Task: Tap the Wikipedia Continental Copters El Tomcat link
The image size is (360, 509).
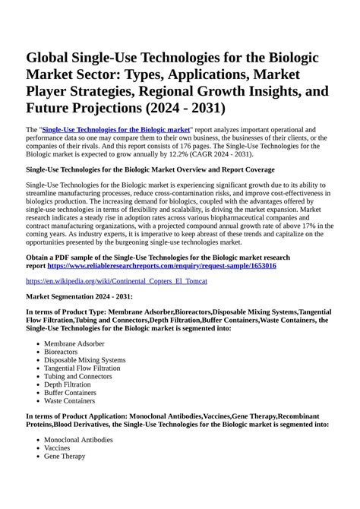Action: coord(116,281)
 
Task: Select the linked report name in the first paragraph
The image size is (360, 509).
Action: coord(115,130)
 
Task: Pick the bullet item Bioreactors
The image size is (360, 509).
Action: coord(62,352)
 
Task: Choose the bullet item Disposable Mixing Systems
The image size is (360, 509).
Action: coord(84,360)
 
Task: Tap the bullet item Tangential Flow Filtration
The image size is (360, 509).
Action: coord(82,368)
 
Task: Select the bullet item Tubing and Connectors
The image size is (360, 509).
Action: coord(77,377)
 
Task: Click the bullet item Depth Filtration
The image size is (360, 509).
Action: coord(68,384)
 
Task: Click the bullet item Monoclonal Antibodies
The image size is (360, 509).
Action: coord(78,440)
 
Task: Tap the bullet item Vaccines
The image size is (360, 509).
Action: coord(58,448)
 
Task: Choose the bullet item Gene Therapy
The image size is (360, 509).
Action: coord(65,457)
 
